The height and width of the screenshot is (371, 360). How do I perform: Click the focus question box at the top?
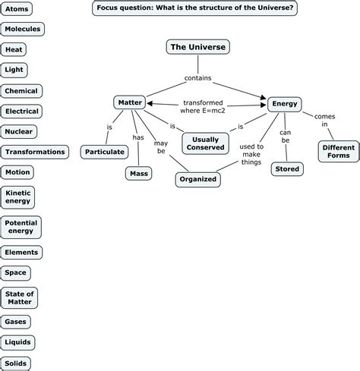tap(194, 8)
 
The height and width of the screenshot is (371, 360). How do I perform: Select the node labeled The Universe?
tap(197, 47)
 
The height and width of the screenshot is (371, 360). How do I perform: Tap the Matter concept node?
tap(129, 102)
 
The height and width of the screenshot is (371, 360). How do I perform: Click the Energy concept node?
tap(285, 103)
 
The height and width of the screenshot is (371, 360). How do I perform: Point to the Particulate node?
tap(105, 152)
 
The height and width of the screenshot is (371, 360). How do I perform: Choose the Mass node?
tap(138, 173)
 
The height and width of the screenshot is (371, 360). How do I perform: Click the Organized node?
tap(198, 180)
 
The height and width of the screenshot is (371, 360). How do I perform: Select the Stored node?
tap(286, 168)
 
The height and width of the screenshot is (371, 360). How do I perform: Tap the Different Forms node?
tap(338, 151)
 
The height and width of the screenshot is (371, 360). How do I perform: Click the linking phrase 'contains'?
tap(197, 78)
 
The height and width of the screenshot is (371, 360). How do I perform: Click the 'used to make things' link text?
tap(251, 154)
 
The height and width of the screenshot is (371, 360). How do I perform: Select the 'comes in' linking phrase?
tap(320, 120)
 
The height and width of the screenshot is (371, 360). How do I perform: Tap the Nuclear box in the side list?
tap(19, 131)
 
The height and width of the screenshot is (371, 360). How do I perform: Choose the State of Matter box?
tap(19, 297)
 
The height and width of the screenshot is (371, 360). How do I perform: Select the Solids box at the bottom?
tap(17, 363)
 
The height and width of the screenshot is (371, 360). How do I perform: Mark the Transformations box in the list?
tap(35, 152)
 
